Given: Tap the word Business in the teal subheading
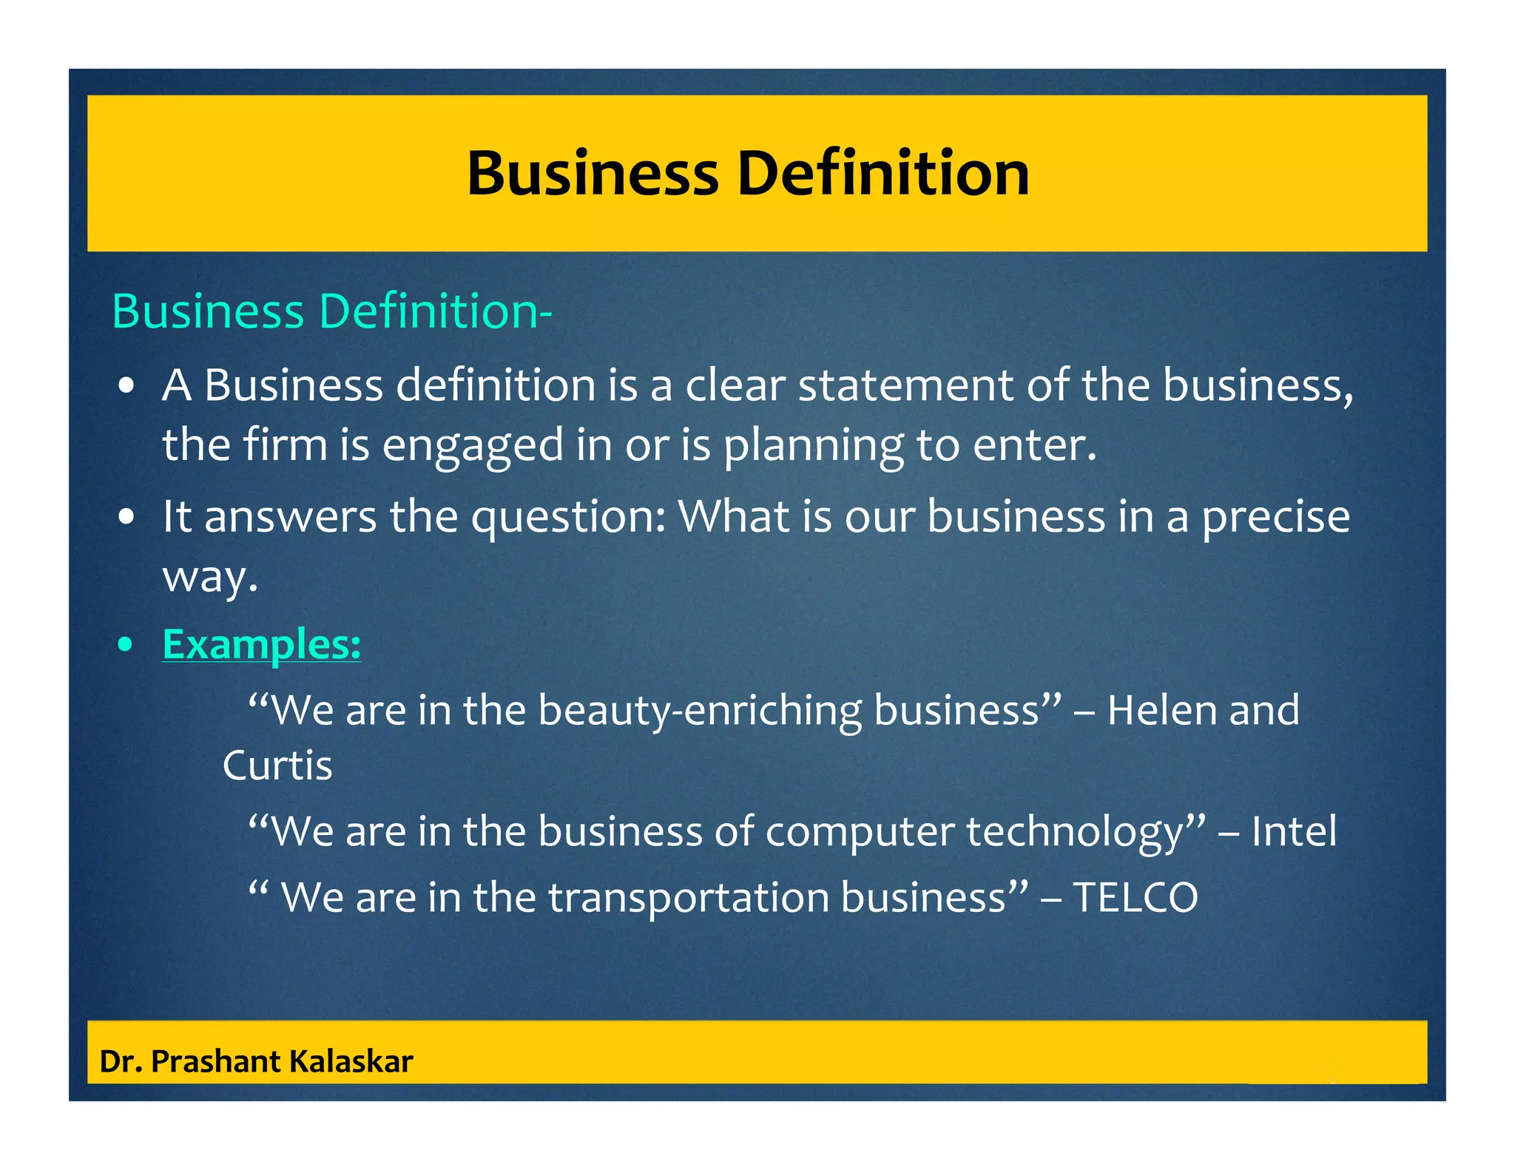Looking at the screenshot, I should click(208, 311).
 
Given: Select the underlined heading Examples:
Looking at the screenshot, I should click(262, 644).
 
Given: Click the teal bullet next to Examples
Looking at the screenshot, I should click(126, 645).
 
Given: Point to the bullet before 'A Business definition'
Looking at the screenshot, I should click(126, 386).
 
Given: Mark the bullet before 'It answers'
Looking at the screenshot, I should click(126, 517).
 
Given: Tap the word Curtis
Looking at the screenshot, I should click(277, 765).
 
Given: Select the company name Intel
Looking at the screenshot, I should click(1294, 831).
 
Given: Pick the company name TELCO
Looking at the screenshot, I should click(1135, 897).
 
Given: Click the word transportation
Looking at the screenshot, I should click(688, 897).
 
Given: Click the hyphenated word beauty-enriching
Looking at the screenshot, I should click(699, 711).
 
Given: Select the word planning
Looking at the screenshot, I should click(812, 445).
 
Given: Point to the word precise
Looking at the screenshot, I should click(1275, 517).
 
